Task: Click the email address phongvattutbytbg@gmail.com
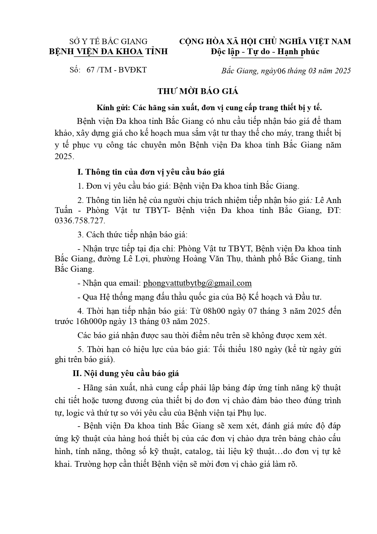197,283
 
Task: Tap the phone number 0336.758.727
80,221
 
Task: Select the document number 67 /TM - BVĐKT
116,70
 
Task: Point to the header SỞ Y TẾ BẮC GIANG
108,41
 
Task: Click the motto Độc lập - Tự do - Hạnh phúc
265,51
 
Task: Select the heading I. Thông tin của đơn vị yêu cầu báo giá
151,172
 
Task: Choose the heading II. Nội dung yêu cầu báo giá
126,373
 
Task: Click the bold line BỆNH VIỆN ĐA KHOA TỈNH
108,51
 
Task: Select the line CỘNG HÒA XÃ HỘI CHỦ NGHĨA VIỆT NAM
265,41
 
